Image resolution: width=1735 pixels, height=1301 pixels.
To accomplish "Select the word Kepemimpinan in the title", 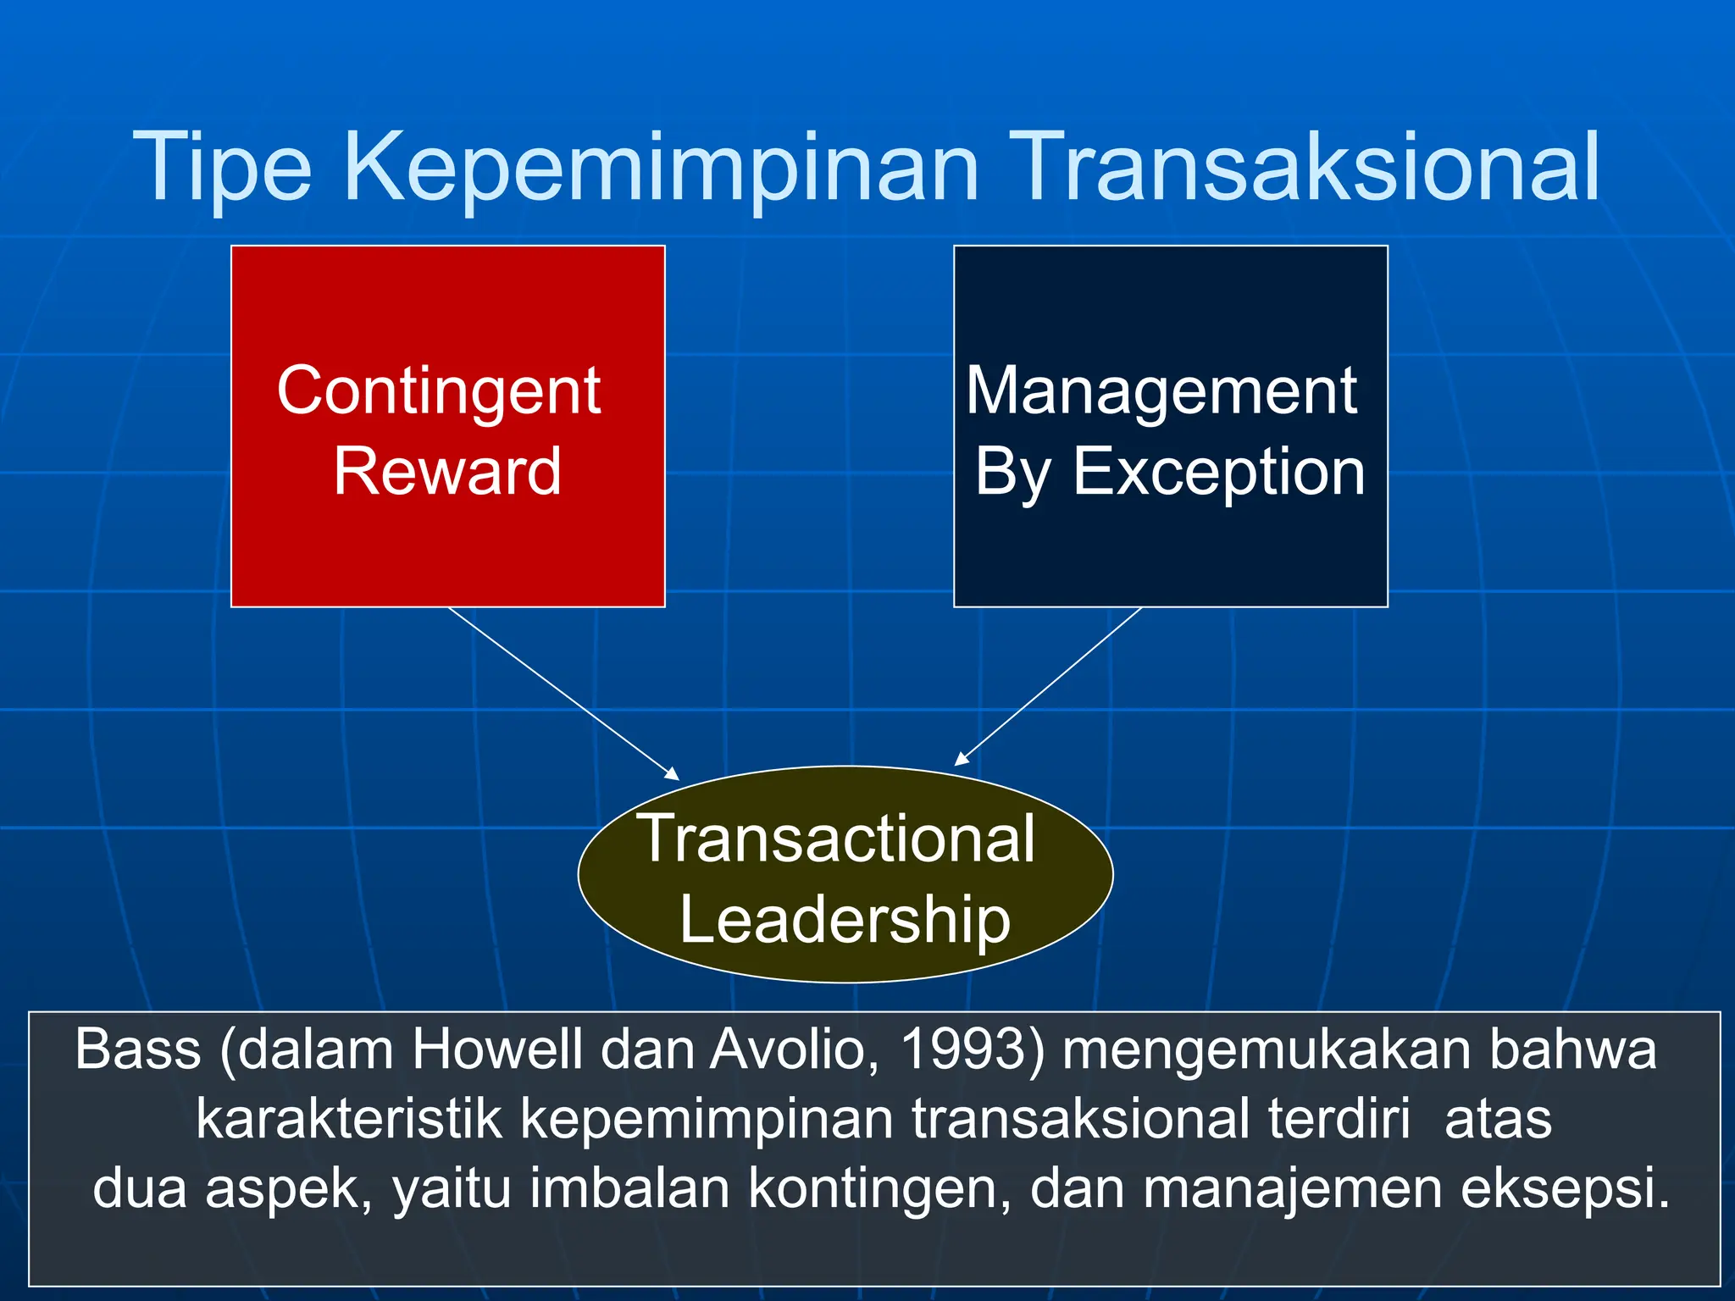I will coord(661,167).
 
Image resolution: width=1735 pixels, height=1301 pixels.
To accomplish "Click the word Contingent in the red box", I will coord(439,391).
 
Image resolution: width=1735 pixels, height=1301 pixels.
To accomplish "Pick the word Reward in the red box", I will coord(447,471).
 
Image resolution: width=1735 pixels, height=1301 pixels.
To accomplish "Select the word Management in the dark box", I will coord(1161,391).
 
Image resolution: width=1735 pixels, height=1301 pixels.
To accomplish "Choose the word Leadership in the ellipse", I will coord(845,919).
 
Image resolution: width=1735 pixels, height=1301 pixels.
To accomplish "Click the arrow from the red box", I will coord(563,693).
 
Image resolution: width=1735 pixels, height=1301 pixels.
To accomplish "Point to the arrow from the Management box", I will coord(1049,686).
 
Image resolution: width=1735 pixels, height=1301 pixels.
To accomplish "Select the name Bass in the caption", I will coord(137,1049).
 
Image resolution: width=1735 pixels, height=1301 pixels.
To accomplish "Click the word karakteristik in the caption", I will coord(349,1119).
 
